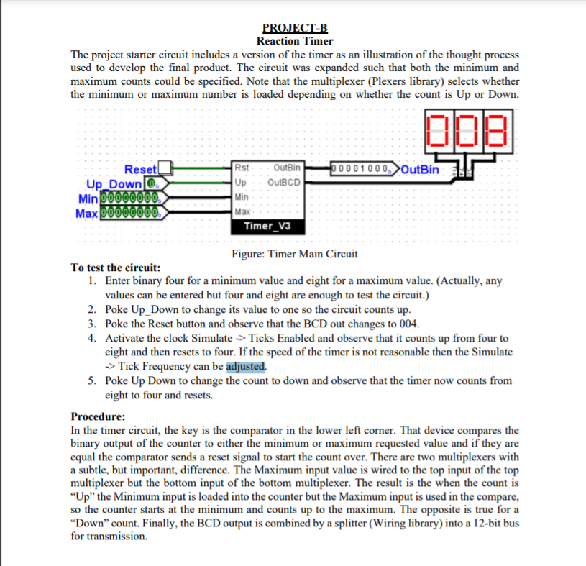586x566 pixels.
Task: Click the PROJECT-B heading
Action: (x=295, y=29)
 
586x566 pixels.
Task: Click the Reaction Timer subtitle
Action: (x=295, y=41)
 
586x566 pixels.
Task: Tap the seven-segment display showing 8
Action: (x=498, y=132)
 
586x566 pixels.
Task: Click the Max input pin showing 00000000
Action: (x=132, y=213)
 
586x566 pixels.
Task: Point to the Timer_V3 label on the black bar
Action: (x=265, y=226)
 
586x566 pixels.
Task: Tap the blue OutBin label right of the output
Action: (x=420, y=170)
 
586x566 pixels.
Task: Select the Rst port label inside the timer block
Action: (x=242, y=169)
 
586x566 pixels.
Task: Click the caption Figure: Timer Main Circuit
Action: (x=295, y=254)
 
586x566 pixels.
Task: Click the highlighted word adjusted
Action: (x=246, y=366)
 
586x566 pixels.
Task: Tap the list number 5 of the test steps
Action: (x=93, y=381)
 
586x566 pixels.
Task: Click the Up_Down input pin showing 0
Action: (x=152, y=183)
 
